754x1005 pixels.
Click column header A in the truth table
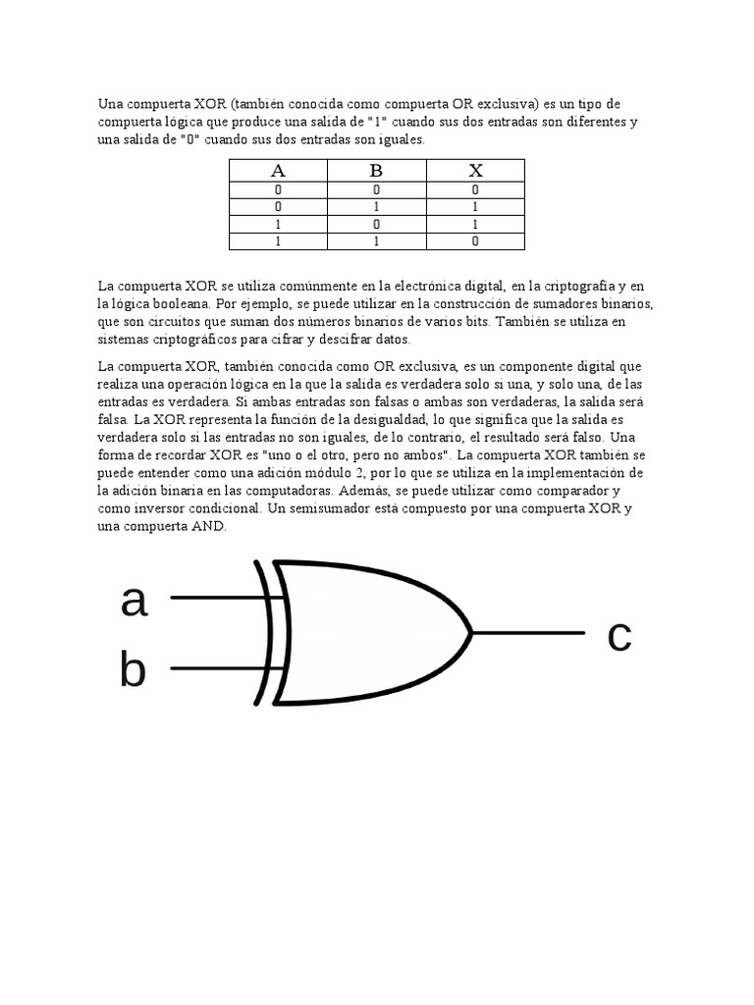(278, 171)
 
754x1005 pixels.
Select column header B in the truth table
(376, 171)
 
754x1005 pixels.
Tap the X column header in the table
(475, 171)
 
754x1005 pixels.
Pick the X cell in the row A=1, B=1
(475, 240)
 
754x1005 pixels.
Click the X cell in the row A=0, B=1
(475, 207)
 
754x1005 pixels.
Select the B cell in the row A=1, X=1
(376, 224)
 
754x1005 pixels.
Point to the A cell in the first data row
(278, 190)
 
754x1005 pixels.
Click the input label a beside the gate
(134, 601)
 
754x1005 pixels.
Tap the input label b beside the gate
(133, 671)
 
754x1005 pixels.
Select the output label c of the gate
(619, 635)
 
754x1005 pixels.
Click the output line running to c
(530, 633)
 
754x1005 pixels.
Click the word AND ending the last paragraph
(204, 527)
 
